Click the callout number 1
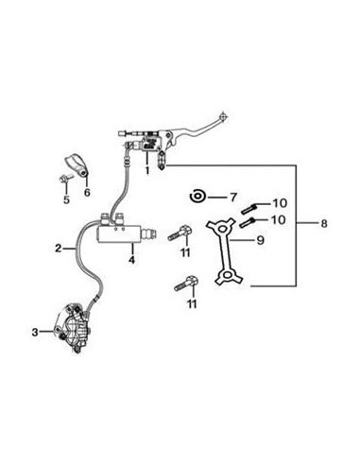(x=147, y=170)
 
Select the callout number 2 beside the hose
(x=58, y=249)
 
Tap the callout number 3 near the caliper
(x=35, y=332)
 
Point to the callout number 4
(x=132, y=260)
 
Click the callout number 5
(x=66, y=199)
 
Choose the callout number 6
(x=87, y=192)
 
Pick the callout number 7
(x=232, y=198)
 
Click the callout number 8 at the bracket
(x=324, y=224)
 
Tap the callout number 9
(x=260, y=240)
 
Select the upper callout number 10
(x=280, y=203)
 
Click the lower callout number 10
(x=279, y=219)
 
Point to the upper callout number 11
(x=185, y=252)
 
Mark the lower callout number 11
(x=192, y=303)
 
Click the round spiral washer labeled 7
(x=197, y=198)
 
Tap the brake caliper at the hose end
(x=74, y=329)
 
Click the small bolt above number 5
(x=65, y=180)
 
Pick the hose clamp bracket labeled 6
(x=77, y=164)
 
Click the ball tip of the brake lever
(x=223, y=115)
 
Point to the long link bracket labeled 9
(x=225, y=250)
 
